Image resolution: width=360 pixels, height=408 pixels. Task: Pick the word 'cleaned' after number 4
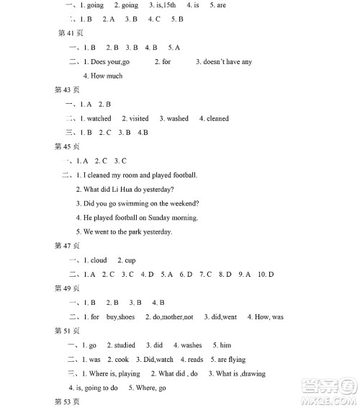click(217, 118)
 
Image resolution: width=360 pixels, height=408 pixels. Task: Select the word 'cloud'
click(99, 260)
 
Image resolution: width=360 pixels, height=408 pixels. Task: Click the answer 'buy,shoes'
click(120, 317)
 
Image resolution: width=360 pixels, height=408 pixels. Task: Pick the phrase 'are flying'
click(231, 360)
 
